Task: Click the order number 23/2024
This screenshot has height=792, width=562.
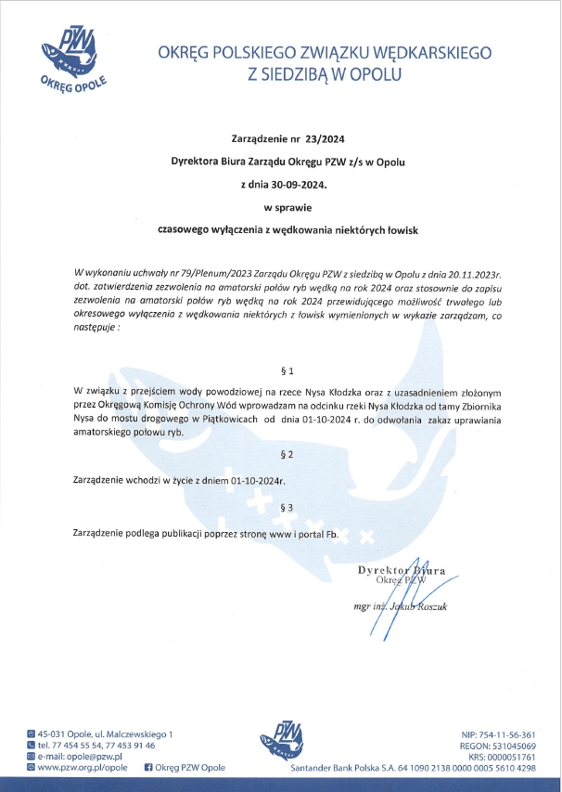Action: [323, 139]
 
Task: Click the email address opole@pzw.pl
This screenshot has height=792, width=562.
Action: [95, 757]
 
